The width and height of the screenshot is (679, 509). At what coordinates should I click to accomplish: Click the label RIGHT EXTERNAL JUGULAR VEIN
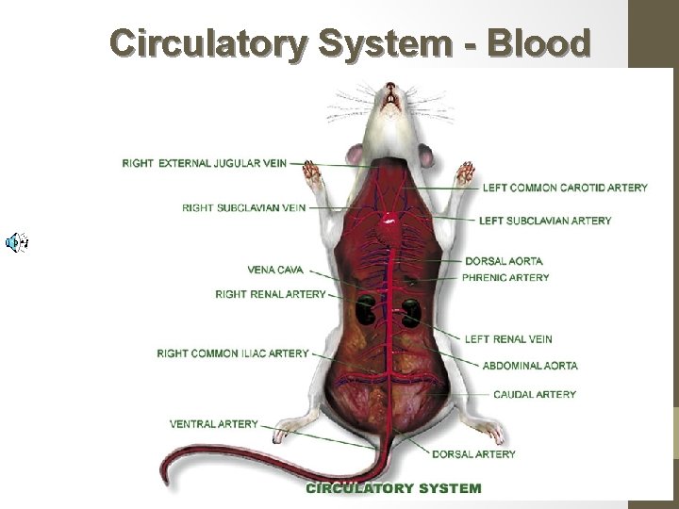coord(205,163)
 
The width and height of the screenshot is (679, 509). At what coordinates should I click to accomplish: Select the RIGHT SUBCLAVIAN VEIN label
coord(244,207)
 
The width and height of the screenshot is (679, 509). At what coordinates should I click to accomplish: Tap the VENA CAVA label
coord(275,270)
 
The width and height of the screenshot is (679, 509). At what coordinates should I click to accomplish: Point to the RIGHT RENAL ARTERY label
coord(271,294)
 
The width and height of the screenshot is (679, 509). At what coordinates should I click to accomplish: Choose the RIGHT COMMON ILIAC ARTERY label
coord(233,353)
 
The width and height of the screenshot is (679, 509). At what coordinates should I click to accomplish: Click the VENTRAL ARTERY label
coord(214,424)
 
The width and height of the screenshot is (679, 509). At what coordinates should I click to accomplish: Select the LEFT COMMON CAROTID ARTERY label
coord(565,188)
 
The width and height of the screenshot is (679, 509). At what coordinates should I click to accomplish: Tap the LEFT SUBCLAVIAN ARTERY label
coord(545,221)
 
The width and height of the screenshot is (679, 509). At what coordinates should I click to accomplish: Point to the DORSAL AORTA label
coord(504,261)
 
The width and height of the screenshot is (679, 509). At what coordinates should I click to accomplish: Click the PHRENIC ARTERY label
coord(505,278)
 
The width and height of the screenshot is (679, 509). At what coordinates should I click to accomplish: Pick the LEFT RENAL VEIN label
coord(508,339)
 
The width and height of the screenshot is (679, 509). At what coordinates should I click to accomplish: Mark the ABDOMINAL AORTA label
coord(530,366)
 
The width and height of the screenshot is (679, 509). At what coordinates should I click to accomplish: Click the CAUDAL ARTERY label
coord(535,394)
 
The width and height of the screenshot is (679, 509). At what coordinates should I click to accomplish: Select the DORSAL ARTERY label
coord(473,454)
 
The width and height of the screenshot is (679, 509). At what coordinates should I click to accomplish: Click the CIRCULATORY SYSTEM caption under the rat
coord(393,488)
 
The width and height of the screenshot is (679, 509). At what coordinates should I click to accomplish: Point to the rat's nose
coord(390,89)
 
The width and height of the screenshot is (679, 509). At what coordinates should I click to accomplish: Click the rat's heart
coord(388,220)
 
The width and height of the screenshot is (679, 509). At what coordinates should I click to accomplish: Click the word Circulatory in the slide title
coord(207,42)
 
